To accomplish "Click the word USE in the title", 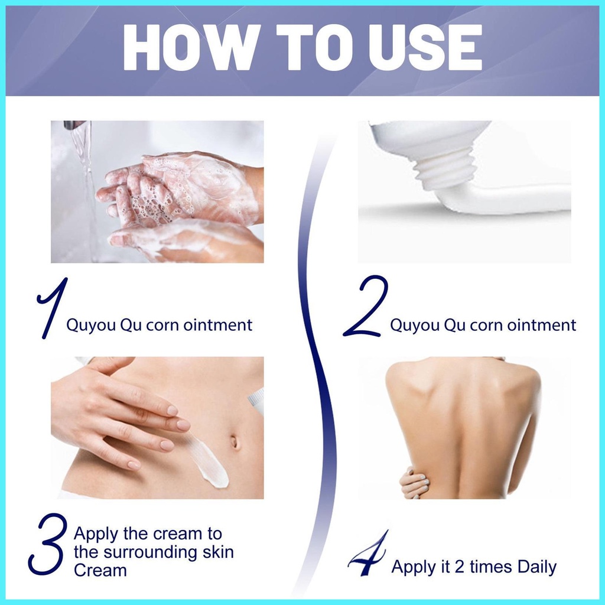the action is pos(425,47).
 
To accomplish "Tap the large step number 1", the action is pos(52,308).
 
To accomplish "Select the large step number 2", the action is pos(365,305).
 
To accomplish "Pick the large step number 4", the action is pos(367,553).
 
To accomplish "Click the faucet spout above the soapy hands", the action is pos(75,125).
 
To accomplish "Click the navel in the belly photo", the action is pos(235,442).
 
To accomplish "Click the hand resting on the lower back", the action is pos(415,483).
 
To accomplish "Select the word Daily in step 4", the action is pos(536,567).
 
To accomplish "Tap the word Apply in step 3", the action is pos(96,534).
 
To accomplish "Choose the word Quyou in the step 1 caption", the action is pos(91,326).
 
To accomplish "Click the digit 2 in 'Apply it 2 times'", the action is pos(459,567).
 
